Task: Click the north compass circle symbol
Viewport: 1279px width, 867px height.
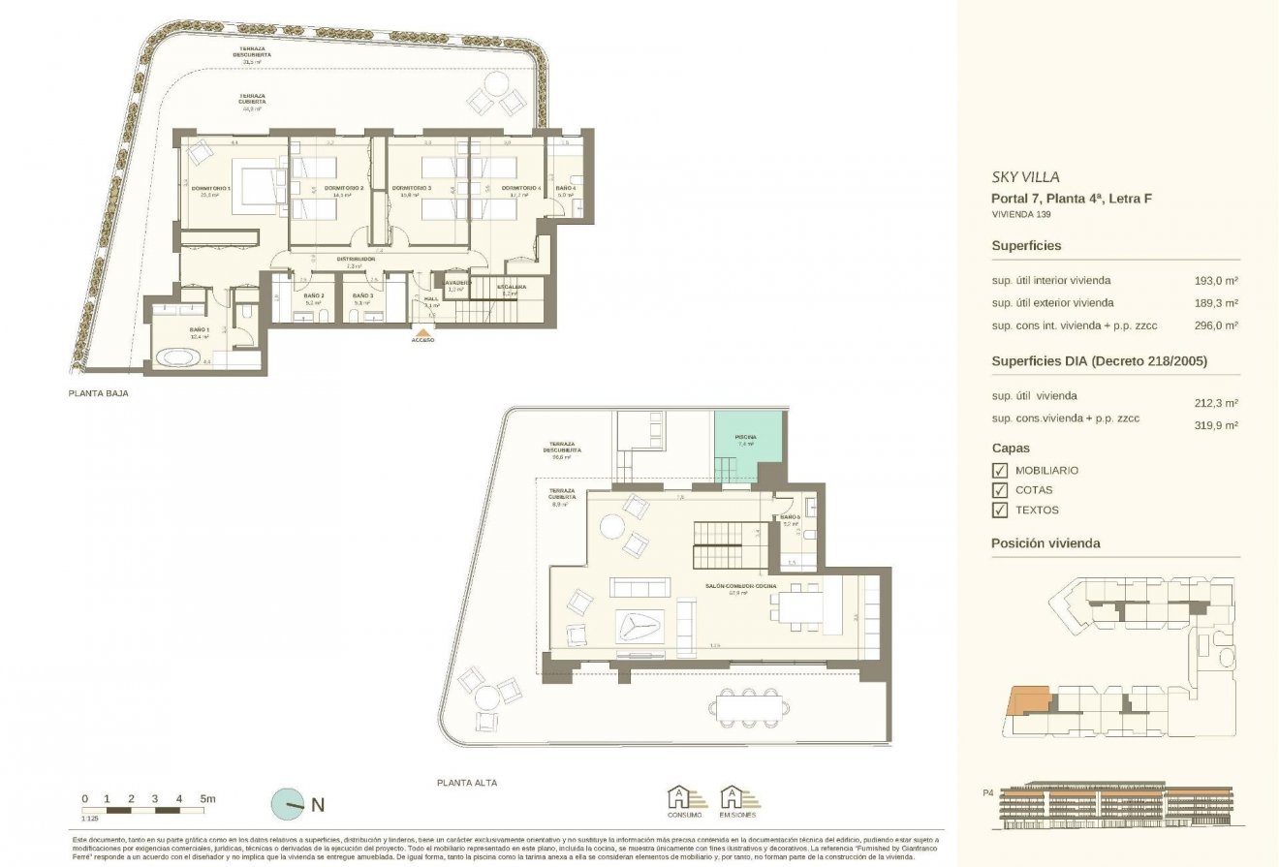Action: [288, 803]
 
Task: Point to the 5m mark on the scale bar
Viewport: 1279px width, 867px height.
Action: [206, 798]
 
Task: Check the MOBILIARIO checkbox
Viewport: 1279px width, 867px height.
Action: [1000, 470]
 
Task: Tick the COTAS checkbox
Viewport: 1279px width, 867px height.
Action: [1000, 490]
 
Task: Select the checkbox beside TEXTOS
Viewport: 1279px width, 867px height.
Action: [1000, 510]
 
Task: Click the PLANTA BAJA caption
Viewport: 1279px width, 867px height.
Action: [98, 394]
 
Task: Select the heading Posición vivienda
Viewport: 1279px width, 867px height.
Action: [1045, 543]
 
